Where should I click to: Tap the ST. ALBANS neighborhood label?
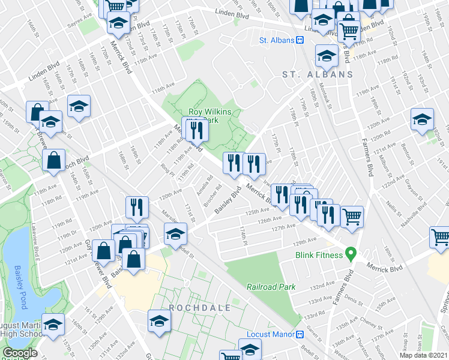tap(318, 74)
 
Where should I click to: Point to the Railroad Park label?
tap(271, 287)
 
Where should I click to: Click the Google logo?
tap(20, 353)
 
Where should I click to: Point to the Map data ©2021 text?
tap(424, 355)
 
